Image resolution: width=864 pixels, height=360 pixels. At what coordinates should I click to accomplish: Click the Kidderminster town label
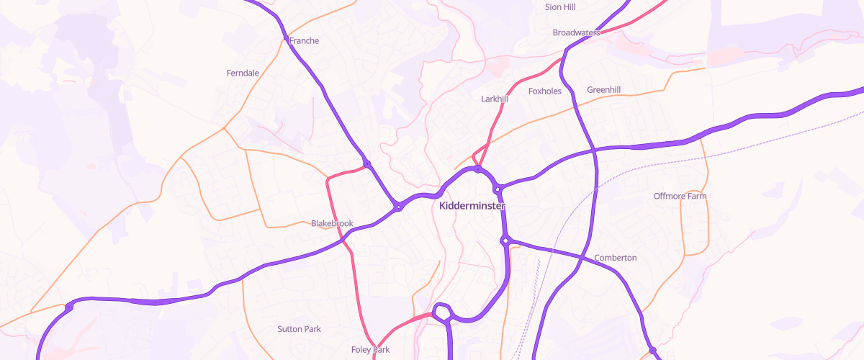472,206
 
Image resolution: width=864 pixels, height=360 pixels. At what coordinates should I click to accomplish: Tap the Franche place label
304,41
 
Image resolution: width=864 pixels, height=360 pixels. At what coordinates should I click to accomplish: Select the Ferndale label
243,73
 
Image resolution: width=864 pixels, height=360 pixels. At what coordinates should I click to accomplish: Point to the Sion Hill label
561,6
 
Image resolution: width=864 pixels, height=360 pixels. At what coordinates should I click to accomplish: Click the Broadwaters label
577,33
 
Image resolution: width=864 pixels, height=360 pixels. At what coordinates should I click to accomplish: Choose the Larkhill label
495,99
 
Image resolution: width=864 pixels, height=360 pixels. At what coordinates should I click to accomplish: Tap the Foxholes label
545,91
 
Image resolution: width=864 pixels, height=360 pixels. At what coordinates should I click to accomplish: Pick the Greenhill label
603,90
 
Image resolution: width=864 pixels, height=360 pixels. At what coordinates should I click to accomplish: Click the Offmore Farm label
680,196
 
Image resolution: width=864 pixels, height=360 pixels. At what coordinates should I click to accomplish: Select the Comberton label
616,258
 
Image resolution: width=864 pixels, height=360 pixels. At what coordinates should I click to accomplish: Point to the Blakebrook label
332,223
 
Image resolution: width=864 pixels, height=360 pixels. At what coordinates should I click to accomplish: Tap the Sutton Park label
299,329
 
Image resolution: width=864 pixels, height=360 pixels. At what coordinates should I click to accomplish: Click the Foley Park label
370,350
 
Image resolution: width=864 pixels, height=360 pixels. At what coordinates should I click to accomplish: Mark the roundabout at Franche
286,37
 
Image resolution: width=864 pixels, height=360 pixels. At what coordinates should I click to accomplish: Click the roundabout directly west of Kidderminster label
397,207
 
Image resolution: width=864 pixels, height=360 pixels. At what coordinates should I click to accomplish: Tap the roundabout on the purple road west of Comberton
506,240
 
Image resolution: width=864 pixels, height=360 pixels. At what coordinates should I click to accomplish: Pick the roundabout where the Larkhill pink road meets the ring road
478,169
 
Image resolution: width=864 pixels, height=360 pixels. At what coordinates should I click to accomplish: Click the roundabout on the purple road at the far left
69,307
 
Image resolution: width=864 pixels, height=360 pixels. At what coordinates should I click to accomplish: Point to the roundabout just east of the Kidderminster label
498,189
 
